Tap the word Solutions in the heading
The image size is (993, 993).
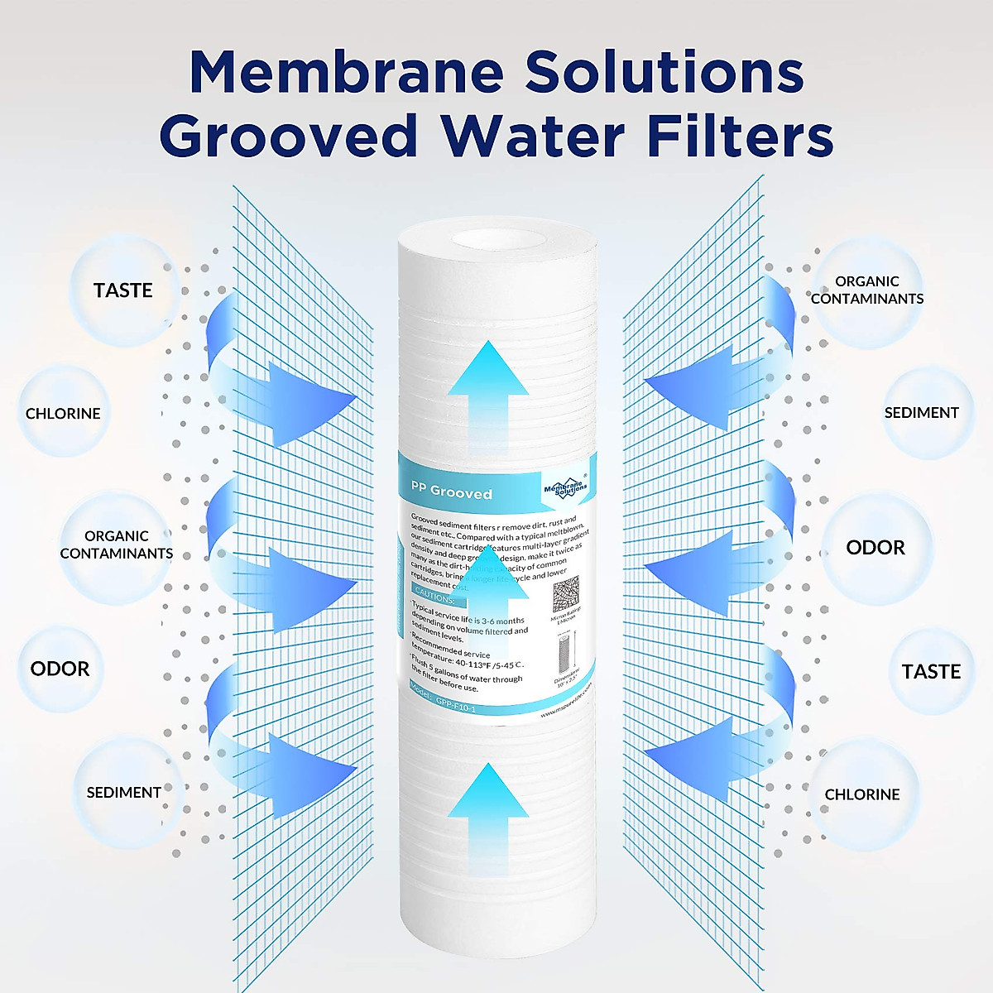click(x=664, y=72)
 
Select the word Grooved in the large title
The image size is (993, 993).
click(x=289, y=137)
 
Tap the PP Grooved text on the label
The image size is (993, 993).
click(x=452, y=492)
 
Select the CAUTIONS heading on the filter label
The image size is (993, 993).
click(x=434, y=596)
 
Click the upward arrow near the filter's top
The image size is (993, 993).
click(x=491, y=389)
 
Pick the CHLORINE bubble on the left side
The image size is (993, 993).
click(x=63, y=413)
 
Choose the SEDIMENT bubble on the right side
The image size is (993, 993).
click(x=921, y=412)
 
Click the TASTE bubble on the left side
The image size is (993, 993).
click(x=123, y=290)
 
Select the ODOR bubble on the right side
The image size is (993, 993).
click(x=875, y=548)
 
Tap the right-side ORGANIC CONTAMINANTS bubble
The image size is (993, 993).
click(x=867, y=290)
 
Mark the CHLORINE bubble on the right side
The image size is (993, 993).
click(x=861, y=794)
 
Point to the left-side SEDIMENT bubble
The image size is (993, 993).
click(x=124, y=792)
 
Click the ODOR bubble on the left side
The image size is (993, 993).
click(x=60, y=669)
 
